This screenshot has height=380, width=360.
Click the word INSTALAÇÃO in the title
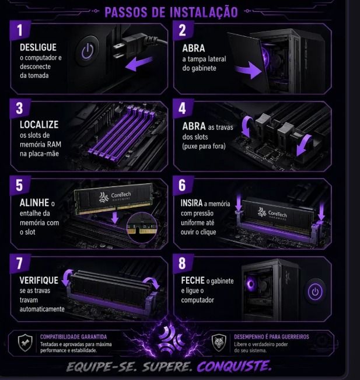pyautogui.click(x=204, y=12)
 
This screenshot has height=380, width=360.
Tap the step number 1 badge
pyautogui.click(x=20, y=30)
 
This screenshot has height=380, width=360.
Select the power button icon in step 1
pyautogui.click(x=88, y=51)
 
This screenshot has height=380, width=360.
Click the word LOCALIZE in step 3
pyautogui.click(x=39, y=124)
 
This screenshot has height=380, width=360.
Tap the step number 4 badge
pyautogui.click(x=183, y=109)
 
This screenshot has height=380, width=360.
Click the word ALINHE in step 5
pyautogui.click(x=34, y=203)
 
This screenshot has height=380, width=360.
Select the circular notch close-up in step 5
pyautogui.click(x=142, y=227)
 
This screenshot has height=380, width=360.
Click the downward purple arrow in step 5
pyautogui.click(x=115, y=217)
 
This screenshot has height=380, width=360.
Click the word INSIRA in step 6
pyautogui.click(x=191, y=203)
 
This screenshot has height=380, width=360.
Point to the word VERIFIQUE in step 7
pyautogui.click(x=39, y=280)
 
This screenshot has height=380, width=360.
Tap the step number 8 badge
pyautogui.click(x=183, y=263)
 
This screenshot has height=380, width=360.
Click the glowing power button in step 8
pyautogui.click(x=315, y=291)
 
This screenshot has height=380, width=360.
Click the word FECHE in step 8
pyautogui.click(x=193, y=280)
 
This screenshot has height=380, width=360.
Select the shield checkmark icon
pyautogui.click(x=25, y=343)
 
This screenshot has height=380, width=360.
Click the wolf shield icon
pyautogui.click(x=219, y=343)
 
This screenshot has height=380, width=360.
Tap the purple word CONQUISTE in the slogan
pyautogui.click(x=234, y=366)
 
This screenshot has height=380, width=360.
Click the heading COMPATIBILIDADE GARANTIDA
pyautogui.click(x=74, y=337)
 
